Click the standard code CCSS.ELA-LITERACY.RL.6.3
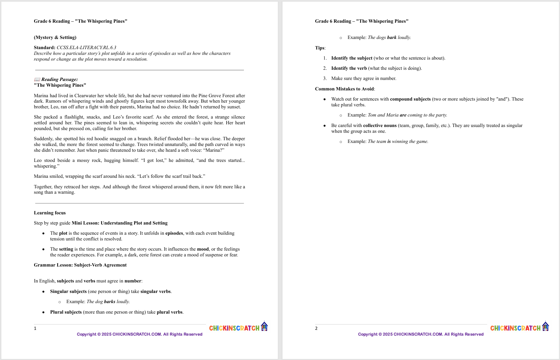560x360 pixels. [x=86, y=48]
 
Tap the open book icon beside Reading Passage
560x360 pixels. [x=37, y=80]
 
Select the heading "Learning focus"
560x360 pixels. [x=50, y=213]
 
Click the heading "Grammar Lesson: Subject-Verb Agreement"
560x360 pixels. [x=80, y=265]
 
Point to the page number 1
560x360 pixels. [x=35, y=328]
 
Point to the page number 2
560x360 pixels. [x=316, y=328]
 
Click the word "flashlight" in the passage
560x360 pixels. [x=75, y=117]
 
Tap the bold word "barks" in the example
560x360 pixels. [x=109, y=302]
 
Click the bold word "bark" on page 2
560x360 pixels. [x=392, y=38]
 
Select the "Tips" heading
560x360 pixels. [x=320, y=48]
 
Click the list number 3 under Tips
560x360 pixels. [x=325, y=79]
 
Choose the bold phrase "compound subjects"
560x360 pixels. [x=410, y=99]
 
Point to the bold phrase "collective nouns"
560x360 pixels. [x=380, y=126]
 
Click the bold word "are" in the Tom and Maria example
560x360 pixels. [x=403, y=115]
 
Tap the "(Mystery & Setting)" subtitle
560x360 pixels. [x=55, y=38]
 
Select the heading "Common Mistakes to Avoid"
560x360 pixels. [x=345, y=89]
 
